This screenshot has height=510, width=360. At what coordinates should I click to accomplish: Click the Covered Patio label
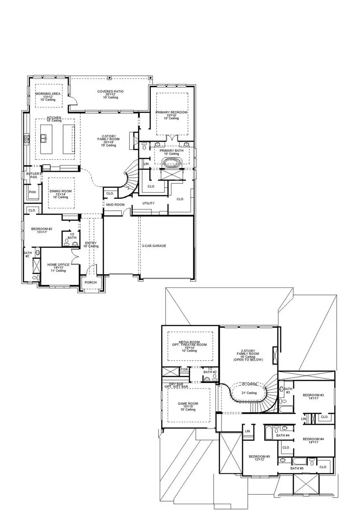click(x=110, y=92)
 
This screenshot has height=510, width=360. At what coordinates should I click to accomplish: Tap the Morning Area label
click(x=48, y=94)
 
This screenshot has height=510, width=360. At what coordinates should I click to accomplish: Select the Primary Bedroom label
click(x=171, y=112)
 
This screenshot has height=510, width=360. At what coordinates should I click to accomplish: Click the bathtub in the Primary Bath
click(x=171, y=162)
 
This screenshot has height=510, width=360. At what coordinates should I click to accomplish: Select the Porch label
click(x=91, y=282)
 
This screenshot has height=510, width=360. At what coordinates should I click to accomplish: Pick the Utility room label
click(x=148, y=203)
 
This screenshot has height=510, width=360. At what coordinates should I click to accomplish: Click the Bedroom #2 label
click(x=41, y=229)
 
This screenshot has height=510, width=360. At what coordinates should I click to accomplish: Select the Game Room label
click(x=188, y=403)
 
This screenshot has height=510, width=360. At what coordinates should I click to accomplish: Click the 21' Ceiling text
click(x=248, y=393)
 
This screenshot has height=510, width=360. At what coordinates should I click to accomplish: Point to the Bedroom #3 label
click(x=313, y=395)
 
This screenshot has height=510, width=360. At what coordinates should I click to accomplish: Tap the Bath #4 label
click(x=282, y=436)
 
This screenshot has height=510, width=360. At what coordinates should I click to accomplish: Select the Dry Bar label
click(x=176, y=384)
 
